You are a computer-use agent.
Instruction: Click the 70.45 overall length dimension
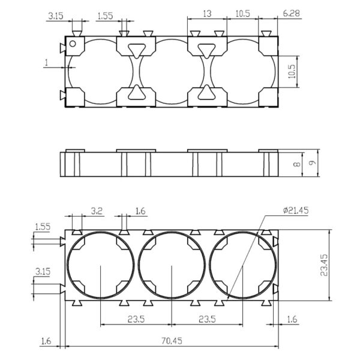pyautogui.click(x=172, y=341)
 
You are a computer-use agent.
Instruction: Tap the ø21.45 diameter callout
pyautogui.click(x=296, y=211)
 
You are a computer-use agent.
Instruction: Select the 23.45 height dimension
pyautogui.click(x=324, y=265)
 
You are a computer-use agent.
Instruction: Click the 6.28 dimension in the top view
pyautogui.click(x=291, y=13)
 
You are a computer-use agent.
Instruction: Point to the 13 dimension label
pyautogui.click(x=208, y=14)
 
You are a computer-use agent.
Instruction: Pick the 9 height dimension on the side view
pyautogui.click(x=312, y=163)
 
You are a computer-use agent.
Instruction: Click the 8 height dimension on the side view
pyautogui.click(x=297, y=164)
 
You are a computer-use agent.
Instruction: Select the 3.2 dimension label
pyautogui.click(x=97, y=211)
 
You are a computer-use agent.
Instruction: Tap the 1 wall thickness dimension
pyautogui.click(x=47, y=62)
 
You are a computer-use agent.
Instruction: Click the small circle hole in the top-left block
pyautogui.click(x=73, y=44)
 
